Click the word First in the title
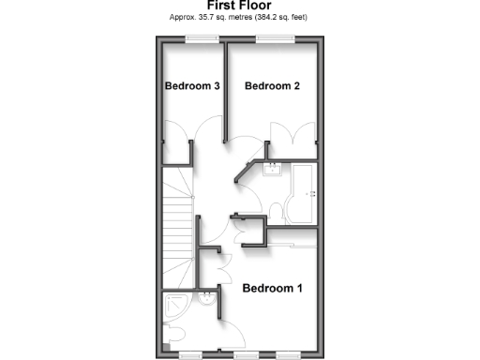point(222,6)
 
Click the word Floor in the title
point(256,6)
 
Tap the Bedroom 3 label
point(192,86)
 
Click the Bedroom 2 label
point(272,86)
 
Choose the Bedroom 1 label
point(272,288)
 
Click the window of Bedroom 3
point(202,38)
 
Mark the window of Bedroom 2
point(274,38)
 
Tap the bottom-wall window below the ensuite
point(191,356)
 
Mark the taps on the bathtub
point(312,195)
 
